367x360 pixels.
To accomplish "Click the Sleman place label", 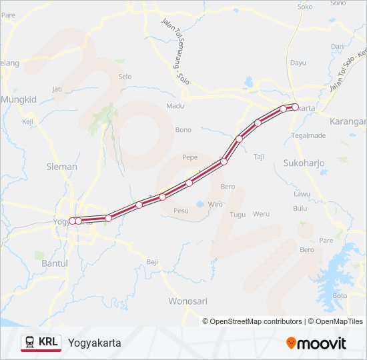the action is [61, 167].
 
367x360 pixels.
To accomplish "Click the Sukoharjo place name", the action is [303, 163].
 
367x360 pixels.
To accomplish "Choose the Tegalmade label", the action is [308, 135].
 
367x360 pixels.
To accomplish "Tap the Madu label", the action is [175, 106].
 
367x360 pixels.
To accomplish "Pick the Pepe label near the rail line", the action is [190, 158].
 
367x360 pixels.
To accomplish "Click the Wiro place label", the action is [215, 204].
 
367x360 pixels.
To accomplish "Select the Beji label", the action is [152, 263].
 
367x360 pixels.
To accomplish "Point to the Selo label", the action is [125, 77].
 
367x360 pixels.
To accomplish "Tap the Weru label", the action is [261, 214].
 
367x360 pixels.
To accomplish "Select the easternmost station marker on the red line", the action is [295, 107].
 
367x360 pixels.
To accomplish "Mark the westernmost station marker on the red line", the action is [71, 221].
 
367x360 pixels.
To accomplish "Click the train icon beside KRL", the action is [30, 343].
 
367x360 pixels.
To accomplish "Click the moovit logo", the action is [316, 343].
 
